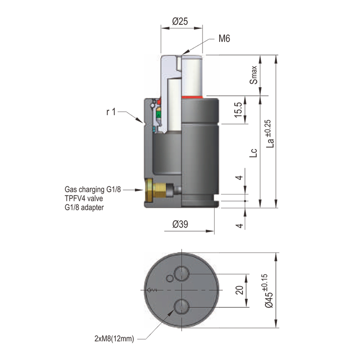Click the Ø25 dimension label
(x=180, y=21)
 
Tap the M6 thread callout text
(x=224, y=39)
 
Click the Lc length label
(x=254, y=153)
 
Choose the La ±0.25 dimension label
(x=270, y=134)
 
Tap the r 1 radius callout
(x=111, y=112)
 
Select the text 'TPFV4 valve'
(x=83, y=198)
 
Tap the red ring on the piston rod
(x=193, y=97)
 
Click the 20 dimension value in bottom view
(x=239, y=291)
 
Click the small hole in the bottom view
(x=169, y=278)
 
